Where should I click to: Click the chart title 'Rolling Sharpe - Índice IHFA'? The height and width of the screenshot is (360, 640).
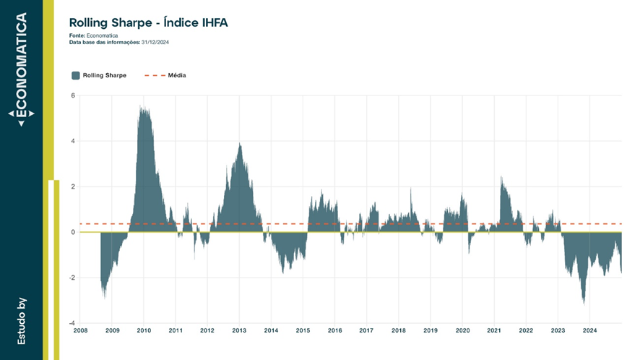coord(149,22)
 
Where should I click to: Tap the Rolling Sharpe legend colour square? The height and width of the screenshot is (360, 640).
coord(76,75)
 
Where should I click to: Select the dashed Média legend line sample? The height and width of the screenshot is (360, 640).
coord(155,75)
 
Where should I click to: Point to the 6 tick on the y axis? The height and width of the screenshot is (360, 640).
coord(73,95)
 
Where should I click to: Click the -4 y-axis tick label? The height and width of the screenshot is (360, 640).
coord(72,323)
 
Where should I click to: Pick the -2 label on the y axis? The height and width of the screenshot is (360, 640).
coord(72,278)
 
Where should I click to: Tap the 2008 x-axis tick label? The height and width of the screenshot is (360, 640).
coord(80,330)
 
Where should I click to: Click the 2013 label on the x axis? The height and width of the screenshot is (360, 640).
coord(239,330)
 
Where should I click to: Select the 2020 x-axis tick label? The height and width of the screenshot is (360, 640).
coord(462,330)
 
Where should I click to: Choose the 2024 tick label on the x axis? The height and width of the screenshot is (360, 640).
coord(589,330)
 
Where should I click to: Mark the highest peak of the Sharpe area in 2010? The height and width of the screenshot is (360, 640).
coord(140,106)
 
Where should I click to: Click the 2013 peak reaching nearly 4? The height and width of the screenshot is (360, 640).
coord(240,143)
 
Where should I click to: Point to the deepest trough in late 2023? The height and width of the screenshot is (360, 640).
coord(584,304)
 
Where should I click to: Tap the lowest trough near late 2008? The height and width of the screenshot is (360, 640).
coord(105,298)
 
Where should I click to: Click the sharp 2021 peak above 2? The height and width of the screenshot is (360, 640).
coord(501,177)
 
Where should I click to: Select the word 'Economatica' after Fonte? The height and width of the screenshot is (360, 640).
coord(102,35)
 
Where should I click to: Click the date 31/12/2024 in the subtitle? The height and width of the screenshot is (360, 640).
coord(155,42)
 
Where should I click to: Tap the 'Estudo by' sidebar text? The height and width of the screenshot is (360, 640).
coord(22,321)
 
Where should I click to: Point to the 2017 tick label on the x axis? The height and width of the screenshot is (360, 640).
coord(366,330)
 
